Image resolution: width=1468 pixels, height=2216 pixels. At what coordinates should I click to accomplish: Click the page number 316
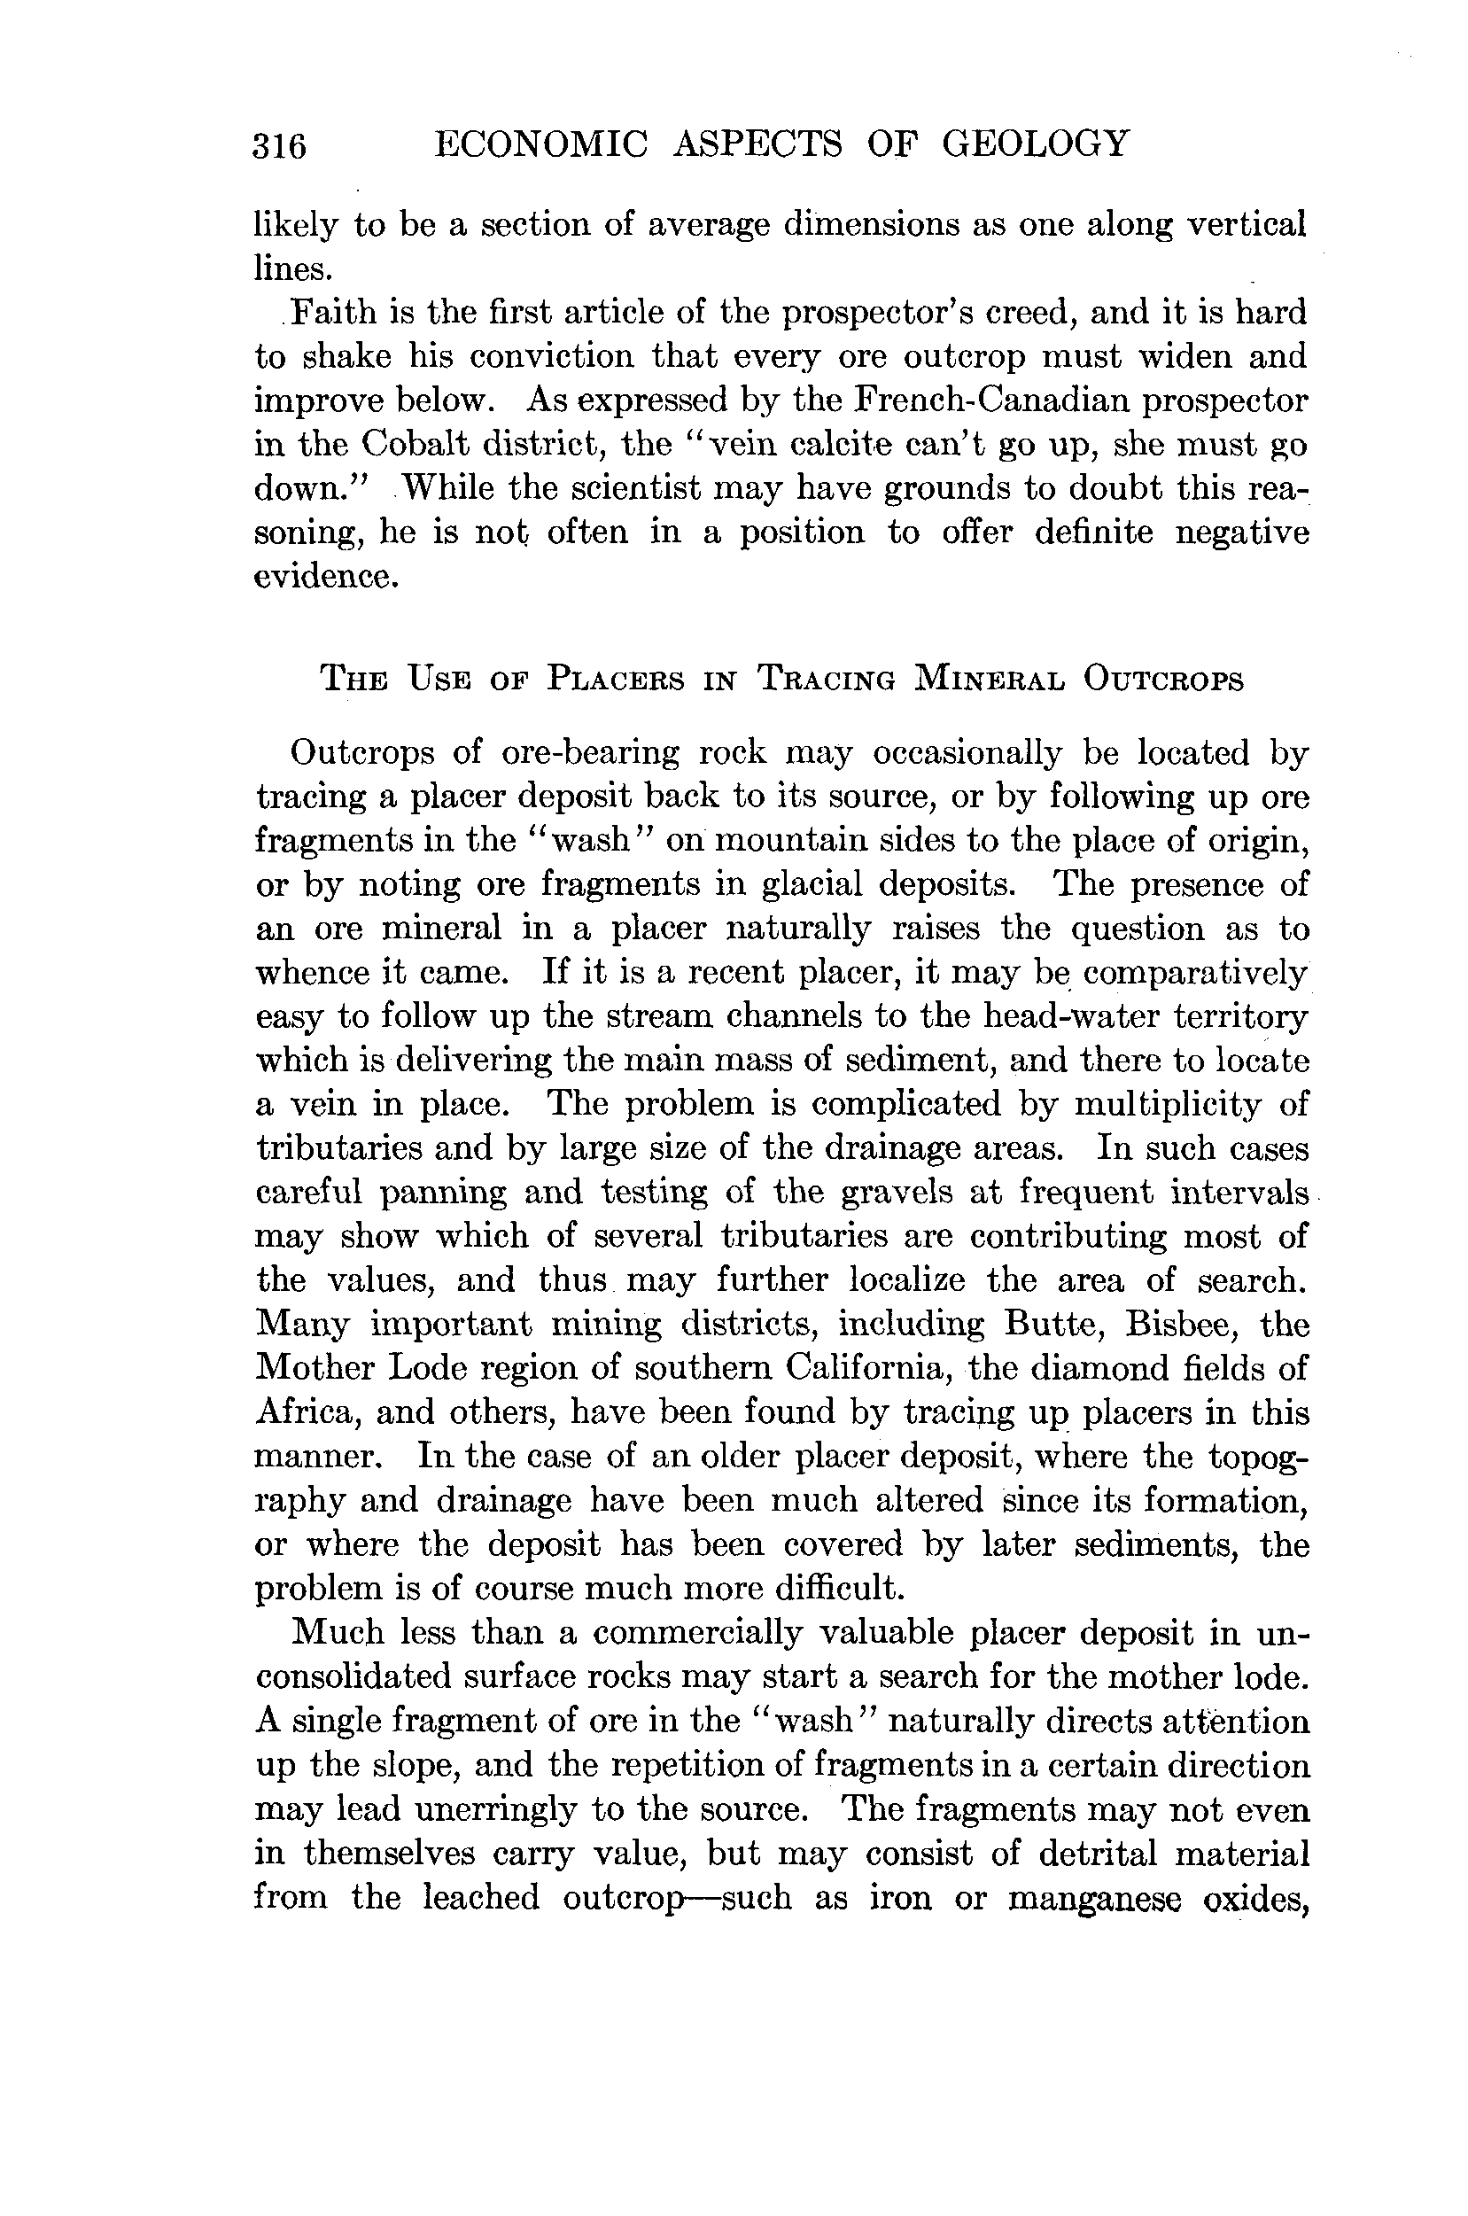click(x=279, y=146)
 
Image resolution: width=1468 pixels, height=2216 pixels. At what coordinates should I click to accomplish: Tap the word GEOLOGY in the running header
click(x=1036, y=144)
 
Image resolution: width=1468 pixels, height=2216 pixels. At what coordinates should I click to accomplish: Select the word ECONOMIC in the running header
click(x=542, y=144)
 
